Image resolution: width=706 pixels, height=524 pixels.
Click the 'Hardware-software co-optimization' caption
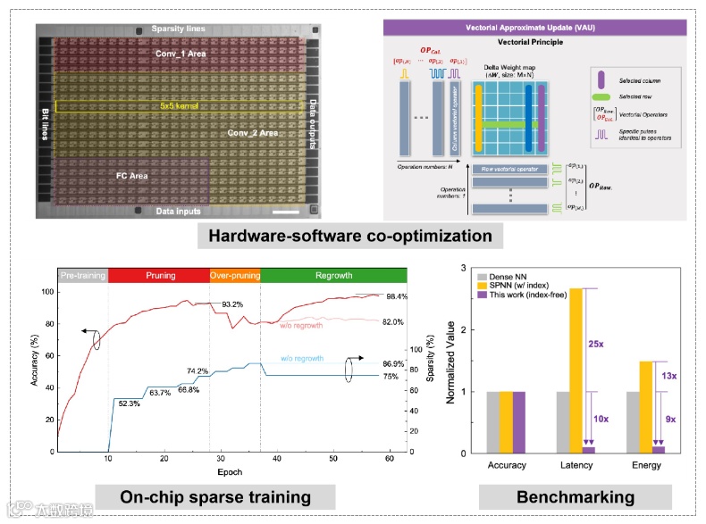pos(349,237)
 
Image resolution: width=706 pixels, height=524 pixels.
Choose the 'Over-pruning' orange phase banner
pos(235,276)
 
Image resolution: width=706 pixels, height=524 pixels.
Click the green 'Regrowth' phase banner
pos(332,276)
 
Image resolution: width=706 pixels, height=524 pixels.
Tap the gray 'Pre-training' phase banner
pos(83,276)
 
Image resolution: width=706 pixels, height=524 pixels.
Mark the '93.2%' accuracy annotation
pos(234,304)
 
